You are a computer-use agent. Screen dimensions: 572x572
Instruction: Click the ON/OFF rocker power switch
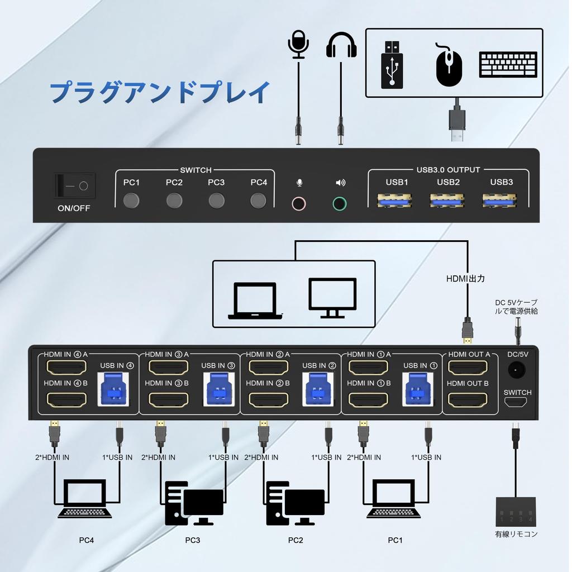pos(75,185)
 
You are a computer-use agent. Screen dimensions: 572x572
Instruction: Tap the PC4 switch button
pos(258,200)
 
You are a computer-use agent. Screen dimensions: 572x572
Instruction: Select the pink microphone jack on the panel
pos(299,203)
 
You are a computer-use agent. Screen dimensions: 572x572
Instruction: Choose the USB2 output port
pos(447,199)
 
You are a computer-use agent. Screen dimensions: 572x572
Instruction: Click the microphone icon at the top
pos(298,44)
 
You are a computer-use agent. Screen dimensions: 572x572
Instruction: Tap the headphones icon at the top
pos(341,45)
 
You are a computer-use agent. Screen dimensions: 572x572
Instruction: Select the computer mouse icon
pos(449,66)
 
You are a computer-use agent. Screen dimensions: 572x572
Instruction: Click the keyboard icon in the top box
pos(508,65)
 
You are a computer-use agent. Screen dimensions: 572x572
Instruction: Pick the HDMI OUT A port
pos(468,368)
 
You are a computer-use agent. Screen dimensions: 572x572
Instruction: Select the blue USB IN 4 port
pos(116,388)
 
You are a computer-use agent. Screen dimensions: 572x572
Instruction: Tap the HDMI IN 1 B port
pos(368,400)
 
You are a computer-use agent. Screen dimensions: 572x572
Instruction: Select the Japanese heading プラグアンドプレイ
pos(160,92)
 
